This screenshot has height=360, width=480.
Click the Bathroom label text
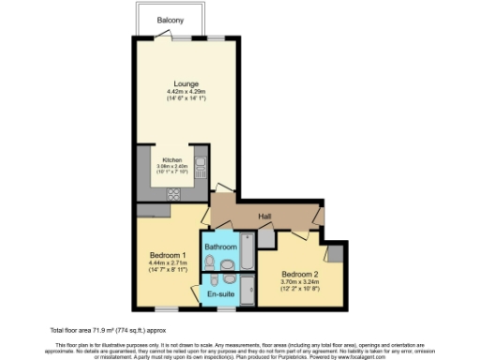point(222,247)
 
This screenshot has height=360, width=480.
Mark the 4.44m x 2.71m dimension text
point(170,262)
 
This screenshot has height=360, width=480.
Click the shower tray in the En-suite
point(247,290)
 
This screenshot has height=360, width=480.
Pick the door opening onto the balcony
point(184,38)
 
